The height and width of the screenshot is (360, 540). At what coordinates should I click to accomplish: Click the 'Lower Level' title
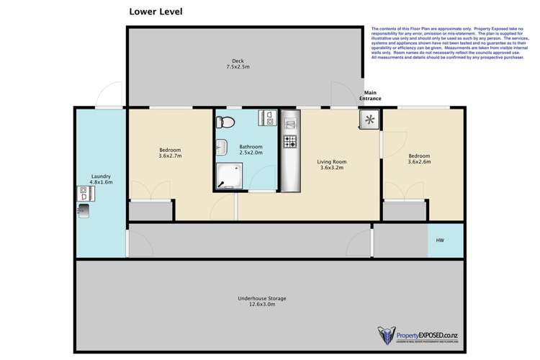point(156,12)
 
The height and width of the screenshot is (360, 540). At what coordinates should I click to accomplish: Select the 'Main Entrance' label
point(372,95)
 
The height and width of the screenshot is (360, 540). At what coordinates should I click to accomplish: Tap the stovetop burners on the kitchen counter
point(290,141)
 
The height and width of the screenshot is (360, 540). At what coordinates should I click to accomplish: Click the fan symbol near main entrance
point(369,120)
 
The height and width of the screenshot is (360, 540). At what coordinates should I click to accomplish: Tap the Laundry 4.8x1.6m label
point(101,179)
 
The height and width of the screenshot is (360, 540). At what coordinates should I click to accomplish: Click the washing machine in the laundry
point(82,193)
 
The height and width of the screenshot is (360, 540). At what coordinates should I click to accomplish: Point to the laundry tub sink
point(84,210)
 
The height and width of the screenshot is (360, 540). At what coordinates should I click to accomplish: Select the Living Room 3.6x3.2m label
point(332,165)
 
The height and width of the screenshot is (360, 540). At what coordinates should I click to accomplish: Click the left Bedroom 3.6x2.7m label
point(170,153)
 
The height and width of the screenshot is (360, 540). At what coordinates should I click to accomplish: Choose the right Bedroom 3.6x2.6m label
point(419,159)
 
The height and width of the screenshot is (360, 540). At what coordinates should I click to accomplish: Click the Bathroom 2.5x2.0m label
point(251,150)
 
